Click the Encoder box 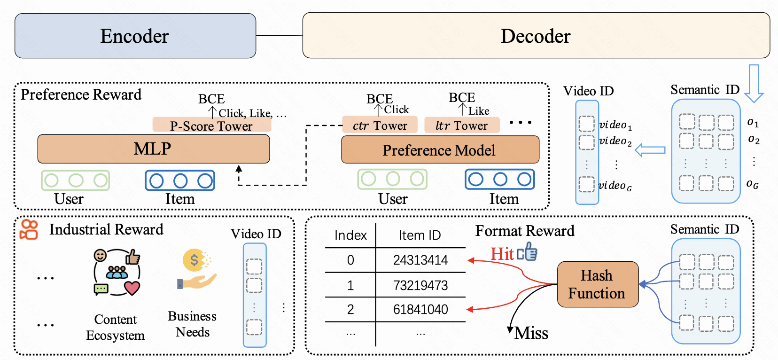click(x=135, y=35)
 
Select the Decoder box click(x=536, y=35)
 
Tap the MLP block click(x=154, y=149)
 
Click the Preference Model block click(x=440, y=149)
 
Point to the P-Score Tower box click(x=212, y=125)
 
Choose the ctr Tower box click(x=380, y=125)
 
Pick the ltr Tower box click(x=462, y=125)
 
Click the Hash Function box click(x=598, y=284)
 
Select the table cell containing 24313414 click(x=420, y=260)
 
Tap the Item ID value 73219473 click(x=420, y=285)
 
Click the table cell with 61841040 click(x=420, y=309)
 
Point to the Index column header click(x=350, y=235)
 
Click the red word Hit click(x=502, y=254)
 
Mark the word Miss click(x=531, y=333)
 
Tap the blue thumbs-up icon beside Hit click(x=527, y=251)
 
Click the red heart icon click(x=132, y=288)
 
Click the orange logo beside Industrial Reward click(x=29, y=229)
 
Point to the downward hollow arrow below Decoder click(x=754, y=83)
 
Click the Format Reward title click(x=525, y=231)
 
